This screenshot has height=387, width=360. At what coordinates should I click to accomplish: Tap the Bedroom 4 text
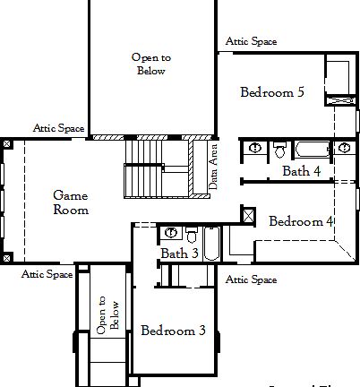(301, 221)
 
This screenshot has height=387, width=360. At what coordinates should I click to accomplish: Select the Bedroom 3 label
(173, 331)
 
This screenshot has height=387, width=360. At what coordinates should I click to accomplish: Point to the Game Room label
(71, 202)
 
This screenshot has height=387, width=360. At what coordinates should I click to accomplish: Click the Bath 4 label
(302, 170)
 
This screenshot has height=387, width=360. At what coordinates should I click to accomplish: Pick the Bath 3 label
(180, 254)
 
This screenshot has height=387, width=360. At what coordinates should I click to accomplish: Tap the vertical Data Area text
(213, 166)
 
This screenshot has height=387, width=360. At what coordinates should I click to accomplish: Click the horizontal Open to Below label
(151, 64)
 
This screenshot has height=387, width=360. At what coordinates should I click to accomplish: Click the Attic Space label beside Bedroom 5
(251, 41)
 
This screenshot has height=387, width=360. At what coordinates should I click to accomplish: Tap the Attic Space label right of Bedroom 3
(251, 279)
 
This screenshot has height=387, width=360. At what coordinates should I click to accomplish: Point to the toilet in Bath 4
(279, 149)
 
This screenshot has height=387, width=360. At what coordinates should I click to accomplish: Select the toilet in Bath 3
(191, 236)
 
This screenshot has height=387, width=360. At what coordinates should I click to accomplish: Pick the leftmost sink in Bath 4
(254, 147)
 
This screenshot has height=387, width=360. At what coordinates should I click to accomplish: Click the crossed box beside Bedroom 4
(248, 213)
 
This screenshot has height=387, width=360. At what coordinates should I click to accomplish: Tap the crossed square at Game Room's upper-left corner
(7, 142)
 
